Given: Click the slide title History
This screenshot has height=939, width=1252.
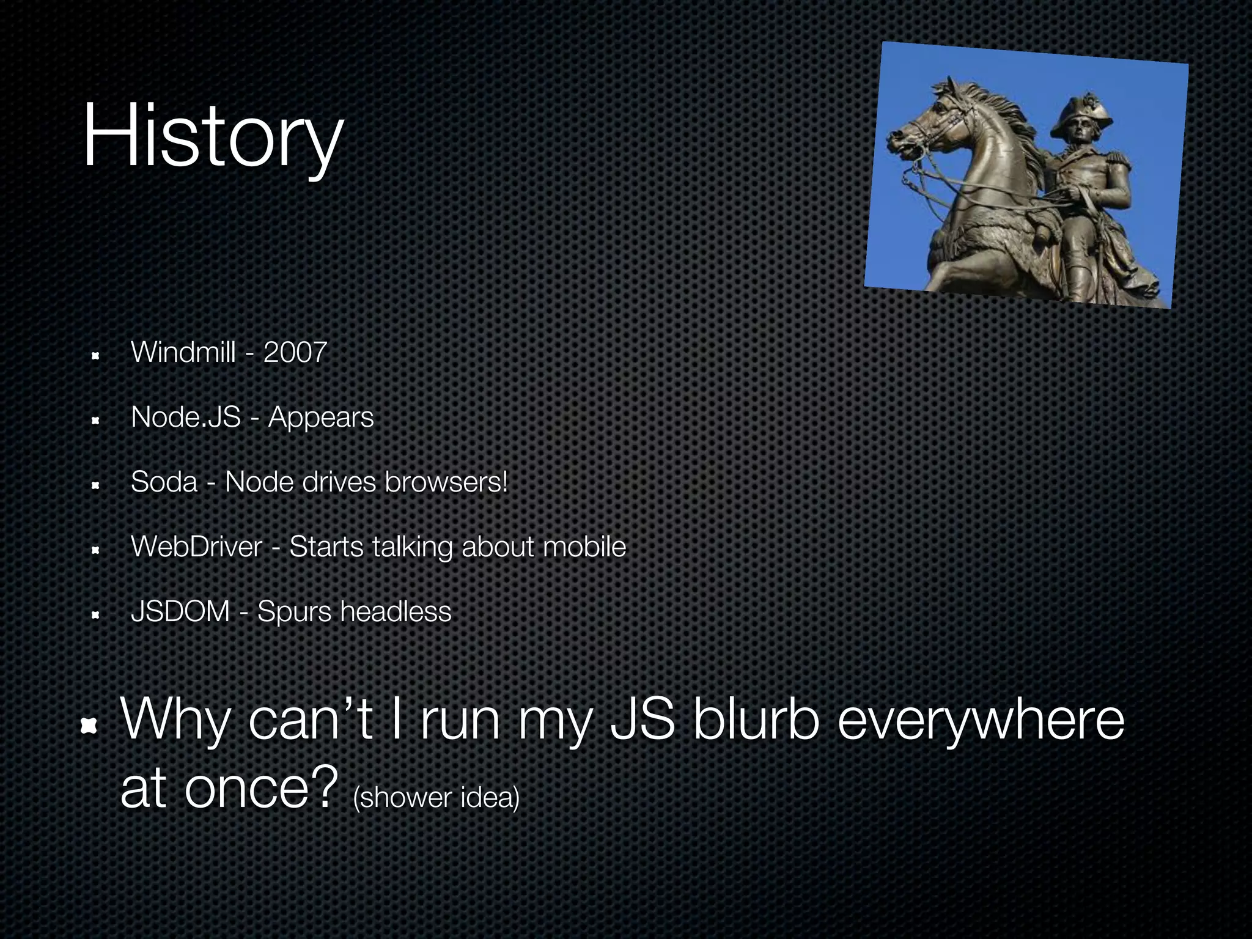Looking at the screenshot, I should (212, 136).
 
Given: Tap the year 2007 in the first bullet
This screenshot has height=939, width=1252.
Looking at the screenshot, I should (295, 352).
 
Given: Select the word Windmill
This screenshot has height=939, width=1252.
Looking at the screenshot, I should (183, 352).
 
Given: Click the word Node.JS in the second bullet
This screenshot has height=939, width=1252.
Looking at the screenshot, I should (186, 417).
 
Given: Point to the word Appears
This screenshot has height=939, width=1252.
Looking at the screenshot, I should (321, 418).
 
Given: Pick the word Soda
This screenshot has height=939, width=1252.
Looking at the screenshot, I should (164, 482).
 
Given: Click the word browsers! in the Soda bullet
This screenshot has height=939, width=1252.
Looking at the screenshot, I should (446, 482).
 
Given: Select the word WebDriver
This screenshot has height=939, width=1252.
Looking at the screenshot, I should (197, 547).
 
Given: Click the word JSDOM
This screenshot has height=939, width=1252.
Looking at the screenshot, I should (180, 611).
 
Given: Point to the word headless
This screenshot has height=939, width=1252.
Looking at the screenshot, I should (396, 611).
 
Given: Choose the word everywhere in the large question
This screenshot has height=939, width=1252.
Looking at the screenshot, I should (981, 721).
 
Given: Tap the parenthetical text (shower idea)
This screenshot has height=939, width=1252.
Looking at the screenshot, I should (436, 797).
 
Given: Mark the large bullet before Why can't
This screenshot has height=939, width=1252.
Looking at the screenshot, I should (90, 725).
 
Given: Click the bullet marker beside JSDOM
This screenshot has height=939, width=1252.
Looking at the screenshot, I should (95, 615).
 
